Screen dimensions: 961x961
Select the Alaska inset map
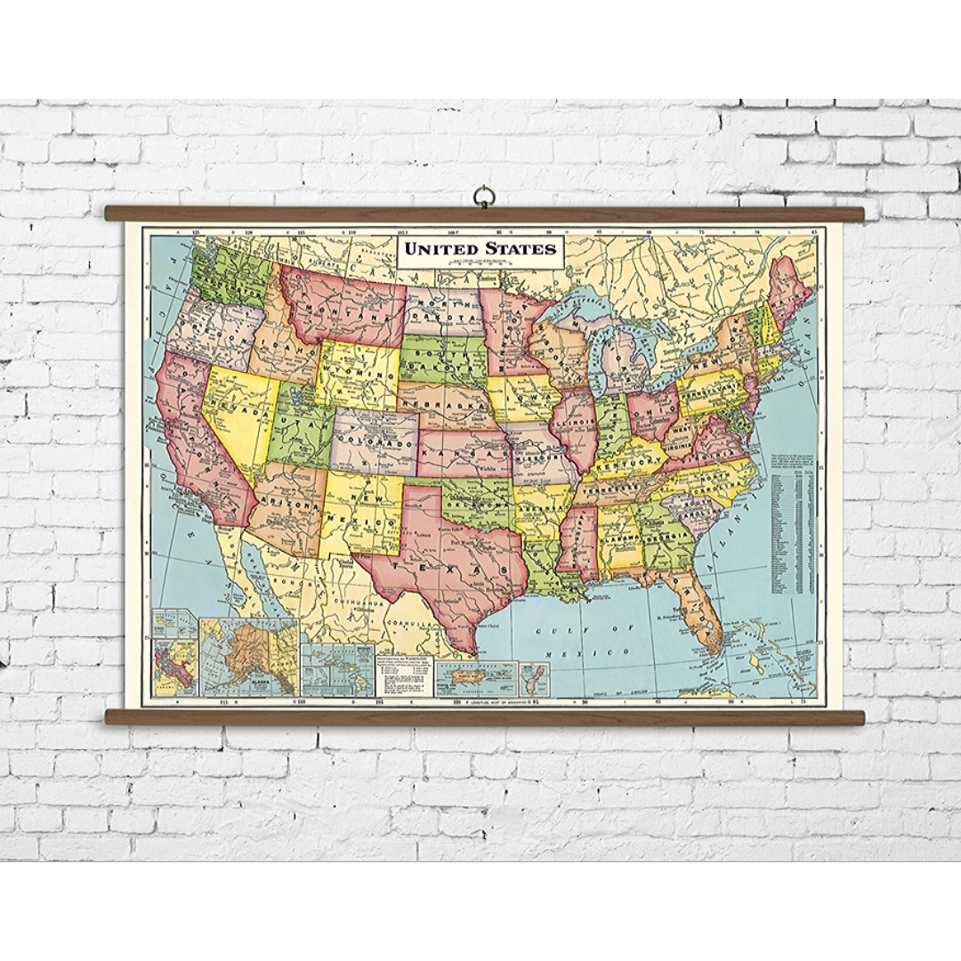249,658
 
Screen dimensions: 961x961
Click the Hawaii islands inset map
337,672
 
